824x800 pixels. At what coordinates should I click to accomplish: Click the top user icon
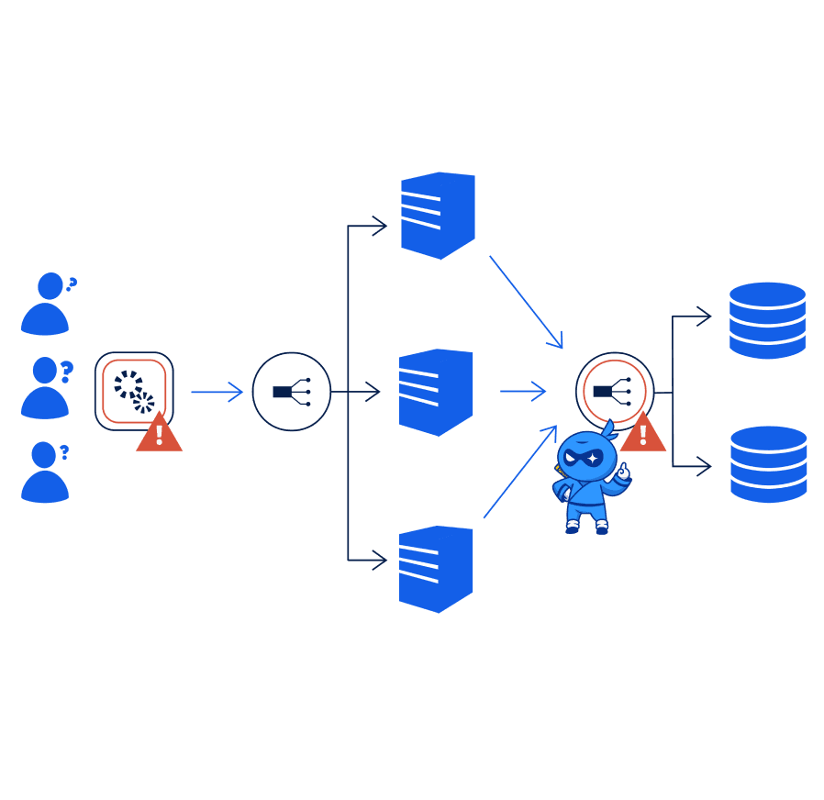click(x=46, y=304)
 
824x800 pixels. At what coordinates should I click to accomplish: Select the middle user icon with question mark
click(x=46, y=388)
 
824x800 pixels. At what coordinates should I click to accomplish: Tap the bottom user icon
click(x=46, y=472)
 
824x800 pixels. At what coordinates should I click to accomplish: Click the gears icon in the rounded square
click(x=134, y=390)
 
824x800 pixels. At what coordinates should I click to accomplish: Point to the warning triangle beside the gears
click(x=159, y=434)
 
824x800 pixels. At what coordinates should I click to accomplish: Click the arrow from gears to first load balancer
click(x=217, y=392)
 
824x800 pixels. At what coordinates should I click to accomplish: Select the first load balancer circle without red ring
click(x=292, y=392)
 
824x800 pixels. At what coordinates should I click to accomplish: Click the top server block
click(x=438, y=216)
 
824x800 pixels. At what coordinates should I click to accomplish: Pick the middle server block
click(x=436, y=392)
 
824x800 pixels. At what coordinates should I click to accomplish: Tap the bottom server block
click(x=436, y=569)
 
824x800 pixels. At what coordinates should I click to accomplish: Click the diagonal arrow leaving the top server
click(x=525, y=301)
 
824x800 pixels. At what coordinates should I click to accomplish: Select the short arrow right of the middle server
click(x=523, y=392)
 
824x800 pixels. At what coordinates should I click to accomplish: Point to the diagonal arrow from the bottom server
click(x=520, y=472)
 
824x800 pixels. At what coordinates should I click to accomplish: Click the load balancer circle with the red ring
click(x=615, y=391)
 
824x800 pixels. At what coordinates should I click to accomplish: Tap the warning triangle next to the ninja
click(x=642, y=434)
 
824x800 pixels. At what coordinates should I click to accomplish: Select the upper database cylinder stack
click(x=767, y=320)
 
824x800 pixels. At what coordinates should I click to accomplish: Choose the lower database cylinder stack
click(x=768, y=464)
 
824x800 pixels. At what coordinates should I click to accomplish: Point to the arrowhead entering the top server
click(x=378, y=226)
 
